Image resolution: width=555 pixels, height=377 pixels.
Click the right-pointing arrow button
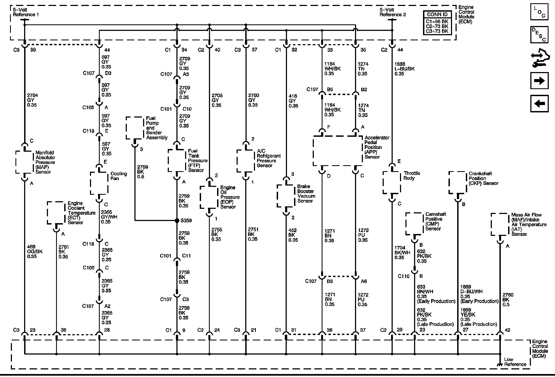coord(539,81)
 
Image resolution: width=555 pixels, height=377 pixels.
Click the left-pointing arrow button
coord(539,103)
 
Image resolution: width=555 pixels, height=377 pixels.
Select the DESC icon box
coord(539,35)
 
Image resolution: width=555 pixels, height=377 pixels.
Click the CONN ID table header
coord(437,15)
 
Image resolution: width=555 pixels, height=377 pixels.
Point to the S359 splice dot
coord(177,220)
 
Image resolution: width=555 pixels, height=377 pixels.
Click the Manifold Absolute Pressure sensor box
coord(25,162)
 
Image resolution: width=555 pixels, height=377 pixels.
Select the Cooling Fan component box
coord(99,183)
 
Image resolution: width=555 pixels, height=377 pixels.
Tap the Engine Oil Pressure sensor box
coord(209,197)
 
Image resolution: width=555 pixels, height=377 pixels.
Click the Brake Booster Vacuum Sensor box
coord(286,196)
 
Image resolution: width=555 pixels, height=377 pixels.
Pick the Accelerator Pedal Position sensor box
coord(338,151)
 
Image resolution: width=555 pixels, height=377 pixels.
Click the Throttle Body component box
coord(392,182)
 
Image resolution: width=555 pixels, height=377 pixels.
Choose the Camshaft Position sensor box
coord(414,223)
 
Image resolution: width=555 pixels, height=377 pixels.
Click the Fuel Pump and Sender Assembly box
coord(134,128)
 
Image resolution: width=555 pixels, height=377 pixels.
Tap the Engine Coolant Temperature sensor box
coord(56,213)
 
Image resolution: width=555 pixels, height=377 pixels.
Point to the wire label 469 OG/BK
coord(35,251)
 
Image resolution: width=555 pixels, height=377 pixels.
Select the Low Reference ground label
coord(515,362)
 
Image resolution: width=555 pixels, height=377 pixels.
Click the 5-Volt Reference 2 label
coord(393,12)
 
